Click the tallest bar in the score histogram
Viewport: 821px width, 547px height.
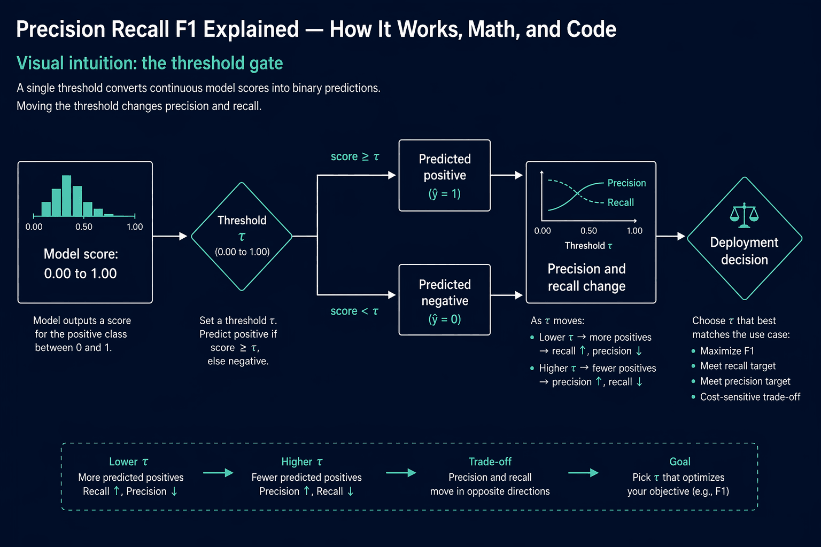(66, 196)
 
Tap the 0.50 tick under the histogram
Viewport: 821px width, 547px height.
(84, 227)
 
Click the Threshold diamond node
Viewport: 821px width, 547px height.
(242, 236)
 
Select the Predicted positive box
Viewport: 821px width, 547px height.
(445, 176)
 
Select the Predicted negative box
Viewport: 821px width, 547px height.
(445, 300)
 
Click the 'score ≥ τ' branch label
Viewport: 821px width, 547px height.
(355, 157)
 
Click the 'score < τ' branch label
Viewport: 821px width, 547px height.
(354, 311)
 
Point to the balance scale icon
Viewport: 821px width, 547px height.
(744, 215)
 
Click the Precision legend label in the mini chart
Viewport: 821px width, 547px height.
(627, 183)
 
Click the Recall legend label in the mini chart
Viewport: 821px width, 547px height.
(621, 202)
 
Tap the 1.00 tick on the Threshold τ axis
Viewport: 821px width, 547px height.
(634, 231)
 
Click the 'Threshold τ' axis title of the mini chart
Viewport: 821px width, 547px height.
(588, 246)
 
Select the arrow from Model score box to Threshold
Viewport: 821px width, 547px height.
(170, 236)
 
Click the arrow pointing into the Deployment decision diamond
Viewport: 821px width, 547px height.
(671, 236)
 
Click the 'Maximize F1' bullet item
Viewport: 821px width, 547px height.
(727, 351)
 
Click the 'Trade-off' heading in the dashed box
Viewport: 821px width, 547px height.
(490, 462)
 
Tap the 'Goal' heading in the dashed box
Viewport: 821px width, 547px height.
(680, 462)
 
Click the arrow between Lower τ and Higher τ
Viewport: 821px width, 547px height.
(219, 473)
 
